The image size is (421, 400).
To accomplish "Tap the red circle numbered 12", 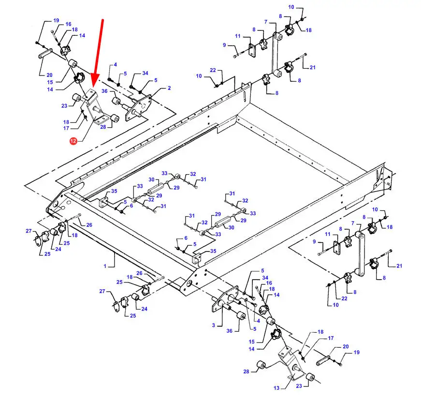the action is point(73,140).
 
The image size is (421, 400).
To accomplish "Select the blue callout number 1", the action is point(105,266).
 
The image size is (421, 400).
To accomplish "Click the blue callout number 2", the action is point(169,88).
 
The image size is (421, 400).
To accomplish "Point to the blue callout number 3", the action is point(214,325).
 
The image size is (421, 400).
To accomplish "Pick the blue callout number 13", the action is point(276,387).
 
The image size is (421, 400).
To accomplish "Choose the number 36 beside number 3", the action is point(229,331).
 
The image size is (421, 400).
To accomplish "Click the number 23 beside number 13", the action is point(299,386).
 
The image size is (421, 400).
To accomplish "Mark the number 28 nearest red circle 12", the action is point(103,127).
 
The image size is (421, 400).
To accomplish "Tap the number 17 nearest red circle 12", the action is point(66,128).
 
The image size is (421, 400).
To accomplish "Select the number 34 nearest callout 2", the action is point(145,73).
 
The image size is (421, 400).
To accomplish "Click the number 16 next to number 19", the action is point(68,24).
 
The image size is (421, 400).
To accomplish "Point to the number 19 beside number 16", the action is point(56,20).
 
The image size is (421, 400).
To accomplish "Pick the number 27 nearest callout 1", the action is point(102,291).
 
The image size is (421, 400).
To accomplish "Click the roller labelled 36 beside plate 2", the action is point(116,102).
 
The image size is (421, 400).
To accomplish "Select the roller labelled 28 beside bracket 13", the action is point(261,365).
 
